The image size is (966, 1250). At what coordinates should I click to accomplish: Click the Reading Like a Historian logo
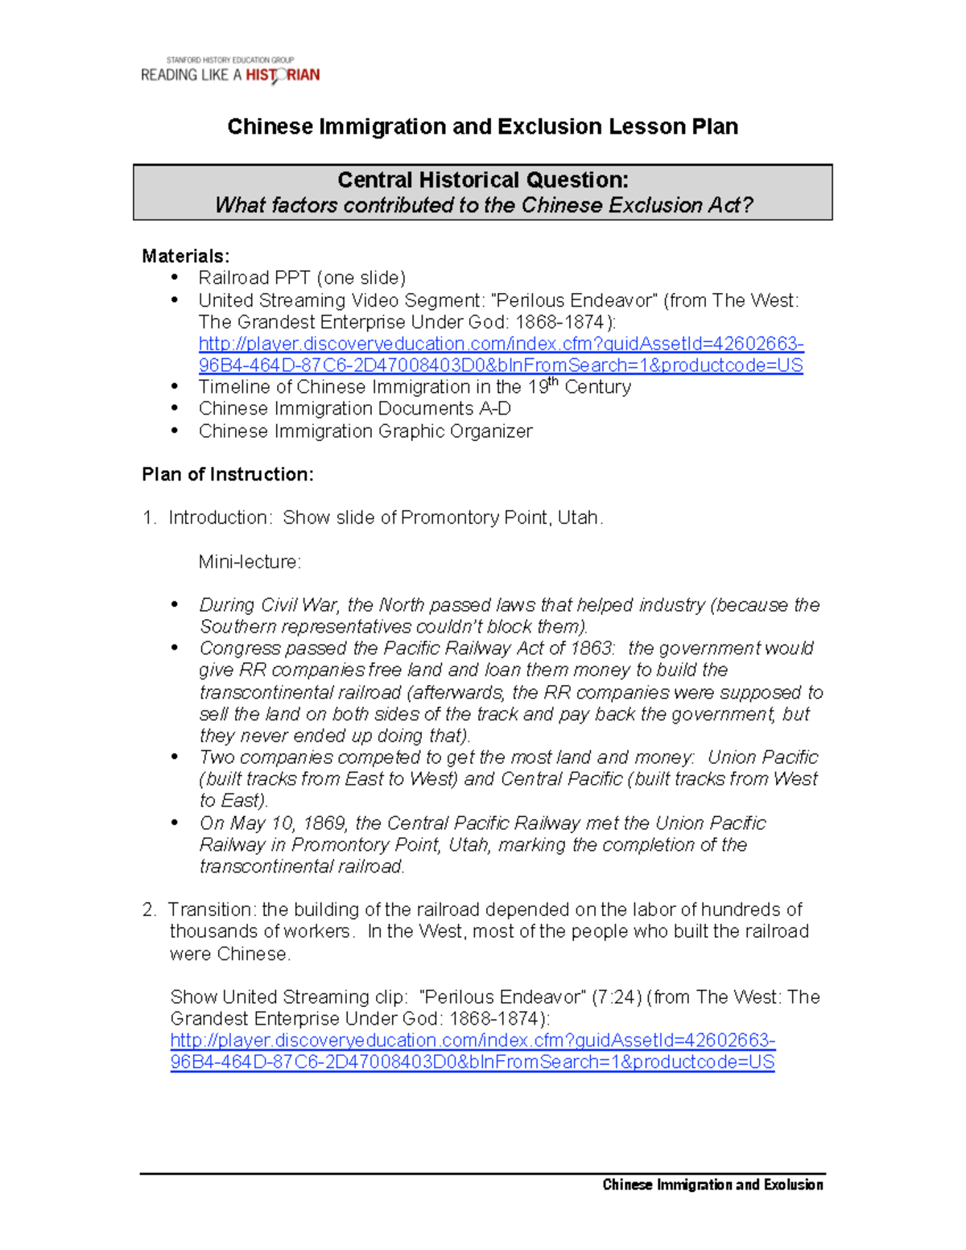pos(230,72)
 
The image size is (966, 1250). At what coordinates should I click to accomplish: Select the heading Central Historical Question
pos(482,179)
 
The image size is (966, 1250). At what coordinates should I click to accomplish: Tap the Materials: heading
pos(185,256)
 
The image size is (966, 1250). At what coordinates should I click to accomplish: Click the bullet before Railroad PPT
pos(175,278)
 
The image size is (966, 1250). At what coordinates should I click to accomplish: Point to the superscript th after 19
pos(554,382)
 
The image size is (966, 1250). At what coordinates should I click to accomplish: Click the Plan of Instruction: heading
pos(227,474)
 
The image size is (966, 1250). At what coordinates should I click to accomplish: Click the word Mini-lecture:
pos(250,562)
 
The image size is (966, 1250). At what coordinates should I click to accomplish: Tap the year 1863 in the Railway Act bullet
pos(592,649)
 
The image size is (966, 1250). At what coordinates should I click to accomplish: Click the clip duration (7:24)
pos(617,997)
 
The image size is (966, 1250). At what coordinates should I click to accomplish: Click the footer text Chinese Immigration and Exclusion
pos(712,1185)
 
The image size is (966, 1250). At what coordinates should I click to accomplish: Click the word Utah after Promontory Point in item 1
pos(578,518)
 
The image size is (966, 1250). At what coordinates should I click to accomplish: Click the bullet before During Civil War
pos(175,605)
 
